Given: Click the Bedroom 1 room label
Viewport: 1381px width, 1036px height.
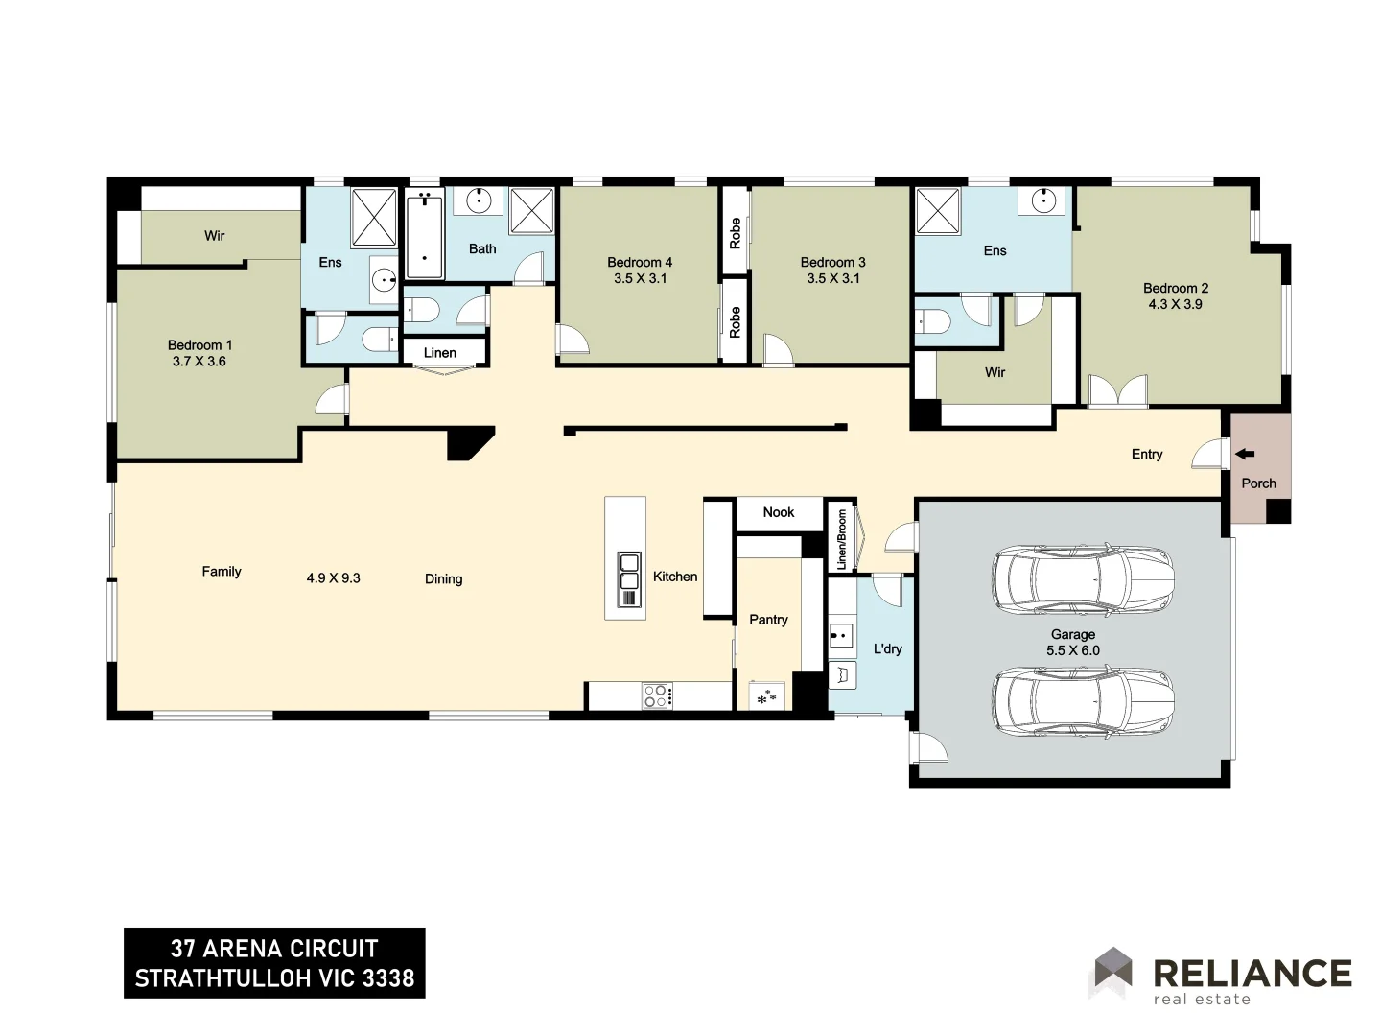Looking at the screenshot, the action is pos(199,345).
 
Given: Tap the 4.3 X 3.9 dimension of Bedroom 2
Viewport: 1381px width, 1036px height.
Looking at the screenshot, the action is pos(1175,304).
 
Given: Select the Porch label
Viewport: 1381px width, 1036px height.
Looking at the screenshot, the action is pos(1258,483).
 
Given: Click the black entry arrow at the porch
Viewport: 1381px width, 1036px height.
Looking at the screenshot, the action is pos(1245,454).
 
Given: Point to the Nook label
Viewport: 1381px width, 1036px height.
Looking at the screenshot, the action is pos(779,512).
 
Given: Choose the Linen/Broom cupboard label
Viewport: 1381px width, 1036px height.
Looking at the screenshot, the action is pos(842,540).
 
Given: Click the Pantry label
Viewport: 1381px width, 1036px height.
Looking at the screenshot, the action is pos(768,620).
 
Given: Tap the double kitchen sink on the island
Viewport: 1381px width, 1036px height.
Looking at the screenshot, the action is pos(629,579).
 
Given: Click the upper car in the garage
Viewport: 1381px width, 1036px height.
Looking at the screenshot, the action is pos(1082,578).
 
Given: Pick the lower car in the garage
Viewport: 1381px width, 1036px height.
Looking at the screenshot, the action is pos(1082,701).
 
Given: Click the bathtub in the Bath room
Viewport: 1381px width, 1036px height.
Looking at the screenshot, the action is pos(425,233).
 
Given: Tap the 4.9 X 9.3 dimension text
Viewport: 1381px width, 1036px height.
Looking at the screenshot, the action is pos(334,578).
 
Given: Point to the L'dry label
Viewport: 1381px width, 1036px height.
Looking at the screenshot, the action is pos(888,648).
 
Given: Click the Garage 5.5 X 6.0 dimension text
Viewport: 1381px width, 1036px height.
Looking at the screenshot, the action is pos(1073,650).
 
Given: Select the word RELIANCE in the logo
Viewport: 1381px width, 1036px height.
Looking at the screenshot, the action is pos(1252,973).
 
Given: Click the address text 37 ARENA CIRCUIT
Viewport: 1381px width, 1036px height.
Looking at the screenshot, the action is pos(274,949).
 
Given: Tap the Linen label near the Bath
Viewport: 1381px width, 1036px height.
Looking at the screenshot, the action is pos(440,353).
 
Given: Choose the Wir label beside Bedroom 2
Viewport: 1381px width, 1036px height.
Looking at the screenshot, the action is pos(995,372).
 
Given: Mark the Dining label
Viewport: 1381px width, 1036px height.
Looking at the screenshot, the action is pos(444,578).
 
